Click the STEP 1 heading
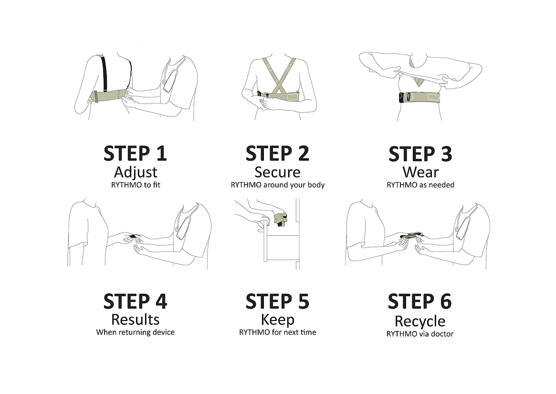click(135, 154)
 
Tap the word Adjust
click(136, 173)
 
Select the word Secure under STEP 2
click(277, 173)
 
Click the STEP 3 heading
click(420, 154)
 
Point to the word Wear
click(420, 173)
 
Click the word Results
click(136, 320)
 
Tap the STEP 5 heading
click(277, 301)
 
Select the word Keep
click(278, 320)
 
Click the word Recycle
click(420, 321)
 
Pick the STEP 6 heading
click(420, 301)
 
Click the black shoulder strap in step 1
click(104, 73)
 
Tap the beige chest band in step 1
click(110, 96)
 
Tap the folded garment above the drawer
click(281, 218)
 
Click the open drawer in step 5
click(280, 246)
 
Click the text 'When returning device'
click(136, 332)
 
